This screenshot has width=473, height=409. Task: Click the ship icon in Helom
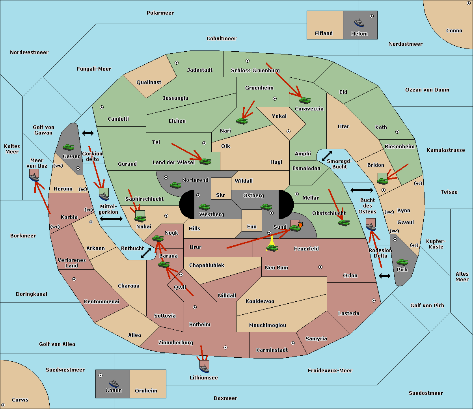click(359, 23)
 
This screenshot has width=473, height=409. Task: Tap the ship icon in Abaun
click(114, 383)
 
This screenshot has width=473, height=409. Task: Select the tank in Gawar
click(69, 147)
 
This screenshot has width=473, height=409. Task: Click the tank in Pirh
click(402, 262)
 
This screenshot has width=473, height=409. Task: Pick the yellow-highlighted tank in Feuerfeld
click(272, 248)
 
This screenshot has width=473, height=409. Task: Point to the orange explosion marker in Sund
click(300, 225)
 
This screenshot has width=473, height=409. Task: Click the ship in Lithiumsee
click(204, 368)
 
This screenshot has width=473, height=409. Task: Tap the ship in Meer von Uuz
click(34, 177)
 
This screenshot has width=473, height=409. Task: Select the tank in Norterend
click(175, 185)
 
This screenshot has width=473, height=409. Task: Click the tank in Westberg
click(204, 207)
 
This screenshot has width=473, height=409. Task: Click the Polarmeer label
click(160, 13)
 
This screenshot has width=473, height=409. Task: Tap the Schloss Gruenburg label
click(255, 70)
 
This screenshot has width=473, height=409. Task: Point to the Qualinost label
click(149, 82)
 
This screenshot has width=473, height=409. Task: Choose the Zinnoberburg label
click(176, 343)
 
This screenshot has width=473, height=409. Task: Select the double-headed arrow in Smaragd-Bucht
click(327, 156)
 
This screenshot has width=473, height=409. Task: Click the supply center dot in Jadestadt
click(177, 63)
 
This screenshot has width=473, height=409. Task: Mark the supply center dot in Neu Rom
click(320, 267)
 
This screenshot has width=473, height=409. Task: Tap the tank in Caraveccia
click(305, 100)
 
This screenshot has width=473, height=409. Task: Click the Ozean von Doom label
click(427, 90)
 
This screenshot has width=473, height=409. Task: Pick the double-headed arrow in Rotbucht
click(146, 253)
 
